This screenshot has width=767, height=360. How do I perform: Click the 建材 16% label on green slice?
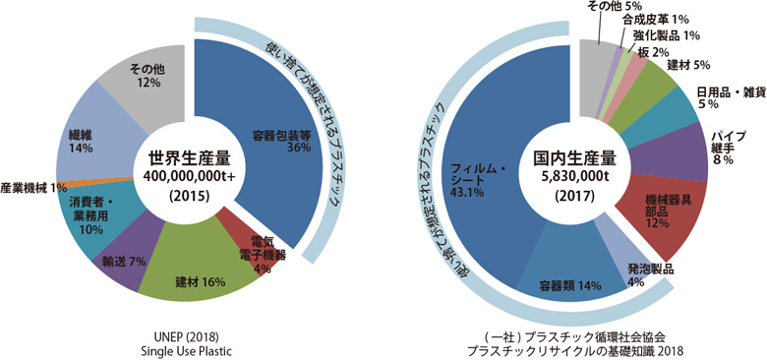click(x=201, y=281)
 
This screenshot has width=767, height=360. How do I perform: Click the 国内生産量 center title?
click(x=574, y=157)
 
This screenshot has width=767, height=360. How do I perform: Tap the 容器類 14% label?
click(x=556, y=285)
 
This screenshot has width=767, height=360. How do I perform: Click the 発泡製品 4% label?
click(x=650, y=274)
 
